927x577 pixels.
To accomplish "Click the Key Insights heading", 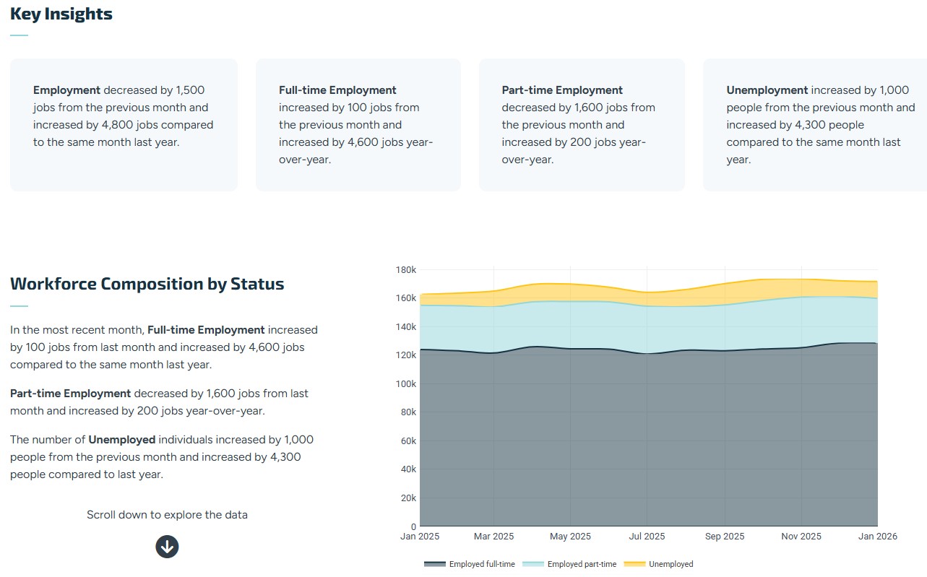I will point(61,14).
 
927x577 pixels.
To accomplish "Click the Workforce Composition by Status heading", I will point(147,284).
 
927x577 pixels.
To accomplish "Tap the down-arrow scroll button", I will point(167,547).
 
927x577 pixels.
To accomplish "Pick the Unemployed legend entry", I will point(658,564).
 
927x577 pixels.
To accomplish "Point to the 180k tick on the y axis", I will point(406,270).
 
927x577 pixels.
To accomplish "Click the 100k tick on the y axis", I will point(406,384).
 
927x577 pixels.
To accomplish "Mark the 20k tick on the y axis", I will point(408,498).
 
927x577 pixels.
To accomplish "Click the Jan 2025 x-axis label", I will point(420,537).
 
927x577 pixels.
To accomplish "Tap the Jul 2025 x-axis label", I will point(647,537).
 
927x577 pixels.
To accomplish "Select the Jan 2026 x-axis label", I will point(876,537).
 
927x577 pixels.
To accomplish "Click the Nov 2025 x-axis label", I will point(801,537).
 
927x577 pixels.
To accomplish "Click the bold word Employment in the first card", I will point(66,90).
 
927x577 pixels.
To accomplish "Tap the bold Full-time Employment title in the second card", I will point(337,90).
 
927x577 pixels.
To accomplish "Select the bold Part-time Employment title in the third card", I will point(562,90).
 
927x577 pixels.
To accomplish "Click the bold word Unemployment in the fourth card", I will point(767,90).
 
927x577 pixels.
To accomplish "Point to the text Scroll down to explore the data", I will point(167,515).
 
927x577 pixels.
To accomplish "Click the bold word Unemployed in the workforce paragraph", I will point(121,440).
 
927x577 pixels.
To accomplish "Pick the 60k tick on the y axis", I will point(408,441).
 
